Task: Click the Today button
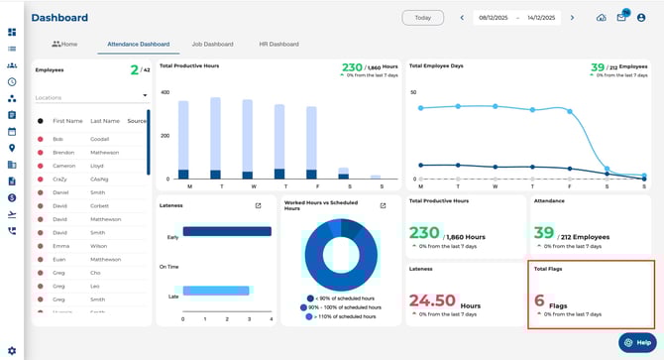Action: click(x=423, y=18)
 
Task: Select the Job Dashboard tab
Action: click(x=212, y=45)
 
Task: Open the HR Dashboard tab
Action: click(x=278, y=45)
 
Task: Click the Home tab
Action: click(x=64, y=45)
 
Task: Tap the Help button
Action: click(x=636, y=342)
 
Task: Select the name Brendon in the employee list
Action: click(x=63, y=153)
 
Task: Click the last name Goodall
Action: click(x=100, y=139)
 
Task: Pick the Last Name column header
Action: click(x=104, y=120)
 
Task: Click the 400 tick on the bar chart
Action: click(x=166, y=92)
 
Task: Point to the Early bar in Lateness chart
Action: click(x=227, y=231)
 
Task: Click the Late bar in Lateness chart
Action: click(x=220, y=292)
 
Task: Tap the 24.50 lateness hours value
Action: click(x=432, y=300)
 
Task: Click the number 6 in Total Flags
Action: click(x=539, y=300)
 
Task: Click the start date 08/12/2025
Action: click(x=495, y=18)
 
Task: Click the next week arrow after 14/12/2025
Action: click(x=572, y=18)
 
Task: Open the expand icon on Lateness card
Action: click(x=258, y=205)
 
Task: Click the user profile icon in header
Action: click(x=642, y=18)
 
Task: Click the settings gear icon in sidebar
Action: click(x=12, y=350)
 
